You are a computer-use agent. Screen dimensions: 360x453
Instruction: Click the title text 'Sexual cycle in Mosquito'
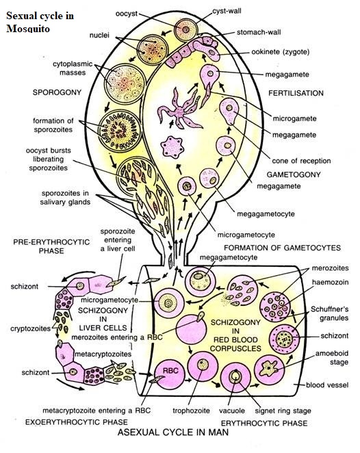point(40,22)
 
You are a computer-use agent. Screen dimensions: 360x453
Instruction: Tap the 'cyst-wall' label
point(227,11)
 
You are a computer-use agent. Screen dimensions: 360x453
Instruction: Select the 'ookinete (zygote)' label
point(280,52)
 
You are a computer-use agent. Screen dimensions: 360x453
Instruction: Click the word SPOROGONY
point(57,92)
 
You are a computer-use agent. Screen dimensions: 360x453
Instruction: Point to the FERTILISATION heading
point(296,93)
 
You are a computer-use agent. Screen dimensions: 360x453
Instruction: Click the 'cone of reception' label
point(301,161)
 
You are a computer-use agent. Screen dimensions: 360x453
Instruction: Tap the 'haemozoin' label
point(331,282)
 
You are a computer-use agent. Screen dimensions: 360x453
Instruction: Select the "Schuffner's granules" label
point(329,313)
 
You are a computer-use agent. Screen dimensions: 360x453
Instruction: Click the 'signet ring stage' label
point(283,411)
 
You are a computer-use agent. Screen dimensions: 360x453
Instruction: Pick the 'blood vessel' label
point(327,385)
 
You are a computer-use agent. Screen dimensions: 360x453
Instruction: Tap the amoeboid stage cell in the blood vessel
point(270,370)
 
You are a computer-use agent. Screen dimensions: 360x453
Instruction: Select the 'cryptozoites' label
point(30,328)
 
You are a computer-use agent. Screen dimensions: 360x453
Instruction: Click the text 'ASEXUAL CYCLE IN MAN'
point(173,432)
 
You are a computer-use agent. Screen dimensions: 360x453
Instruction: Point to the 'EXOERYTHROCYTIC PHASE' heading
point(76,422)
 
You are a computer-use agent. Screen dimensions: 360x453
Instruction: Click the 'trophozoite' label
point(191,411)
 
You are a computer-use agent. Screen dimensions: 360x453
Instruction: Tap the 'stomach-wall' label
point(259,32)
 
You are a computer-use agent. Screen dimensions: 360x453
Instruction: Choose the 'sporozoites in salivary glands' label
point(65,198)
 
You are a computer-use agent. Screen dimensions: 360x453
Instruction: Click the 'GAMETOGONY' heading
point(294,174)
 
